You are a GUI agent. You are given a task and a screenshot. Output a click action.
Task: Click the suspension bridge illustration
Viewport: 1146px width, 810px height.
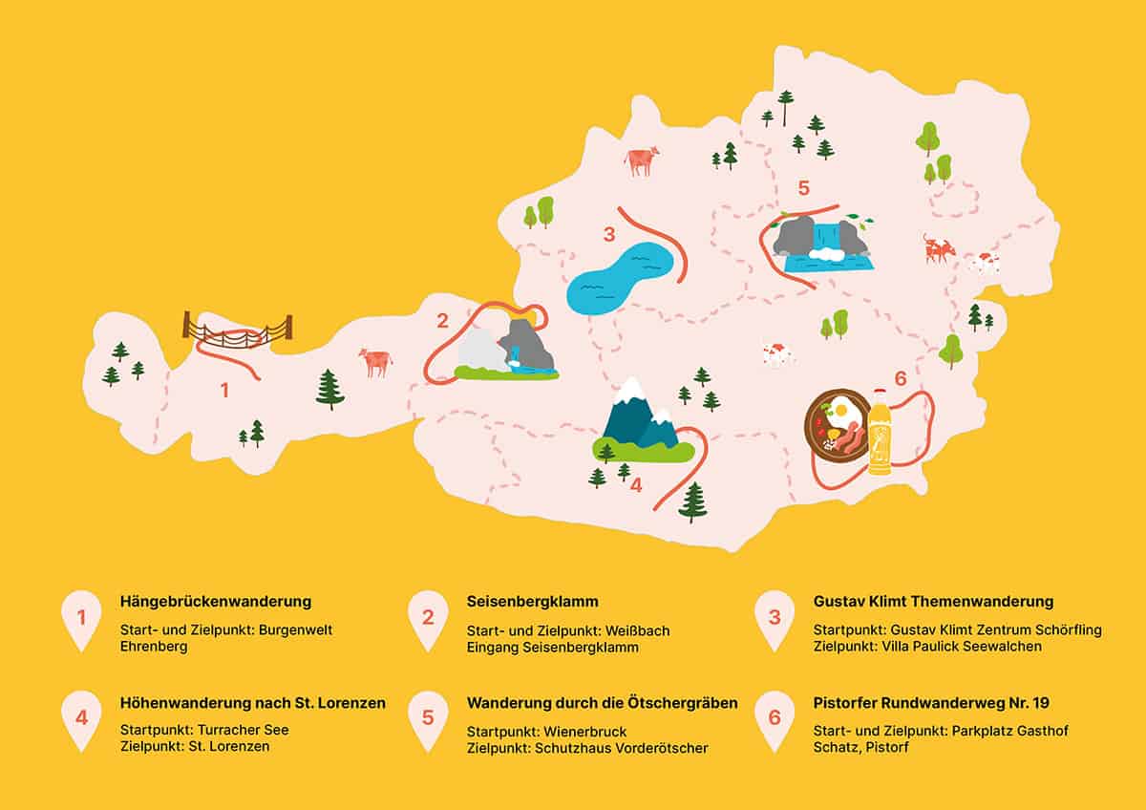pos(238,330)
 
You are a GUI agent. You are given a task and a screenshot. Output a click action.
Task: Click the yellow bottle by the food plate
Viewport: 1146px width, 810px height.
pos(879,435)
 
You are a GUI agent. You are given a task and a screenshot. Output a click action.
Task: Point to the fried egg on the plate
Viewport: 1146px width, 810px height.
pos(838,411)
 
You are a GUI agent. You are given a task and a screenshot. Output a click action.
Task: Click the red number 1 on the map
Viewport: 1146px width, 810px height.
pos(225,390)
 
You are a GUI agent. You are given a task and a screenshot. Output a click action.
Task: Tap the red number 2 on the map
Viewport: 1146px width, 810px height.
pos(442,321)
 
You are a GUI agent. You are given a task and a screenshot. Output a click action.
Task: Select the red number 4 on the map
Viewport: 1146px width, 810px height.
pos(636,484)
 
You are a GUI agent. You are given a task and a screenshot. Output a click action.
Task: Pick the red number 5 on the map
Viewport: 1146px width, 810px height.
pos(803,187)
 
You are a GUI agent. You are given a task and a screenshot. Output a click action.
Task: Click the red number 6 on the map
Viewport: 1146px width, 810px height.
pos(900,379)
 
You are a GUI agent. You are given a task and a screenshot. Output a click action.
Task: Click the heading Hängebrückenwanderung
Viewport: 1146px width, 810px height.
pos(217,602)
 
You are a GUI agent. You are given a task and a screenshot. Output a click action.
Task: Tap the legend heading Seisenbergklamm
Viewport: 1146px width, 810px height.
pos(533,602)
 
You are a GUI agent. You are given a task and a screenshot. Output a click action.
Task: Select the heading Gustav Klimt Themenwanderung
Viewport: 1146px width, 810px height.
pos(933,602)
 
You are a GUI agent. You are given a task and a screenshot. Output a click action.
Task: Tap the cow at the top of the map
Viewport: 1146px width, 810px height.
pos(642,160)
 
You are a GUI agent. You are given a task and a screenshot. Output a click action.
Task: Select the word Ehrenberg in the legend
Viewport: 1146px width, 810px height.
pos(154,647)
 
